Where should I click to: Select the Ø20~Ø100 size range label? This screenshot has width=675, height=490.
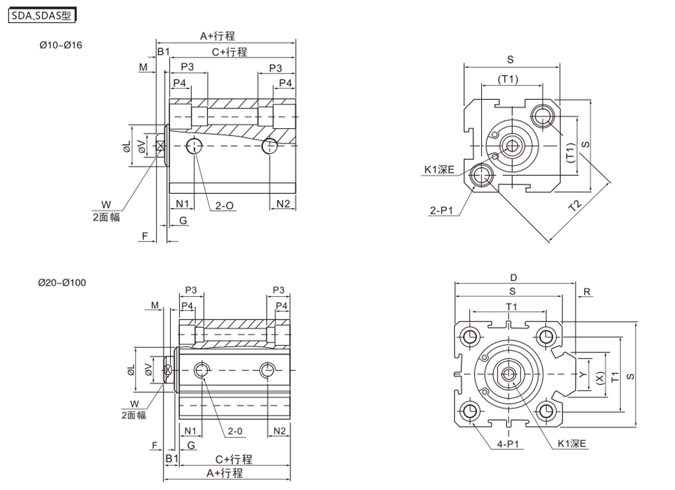(x=62, y=283)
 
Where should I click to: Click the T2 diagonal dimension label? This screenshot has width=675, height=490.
(x=575, y=206)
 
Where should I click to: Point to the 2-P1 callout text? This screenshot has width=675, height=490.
(x=441, y=211)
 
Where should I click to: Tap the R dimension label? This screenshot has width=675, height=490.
(x=587, y=291)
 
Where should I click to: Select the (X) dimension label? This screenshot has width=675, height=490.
(x=600, y=377)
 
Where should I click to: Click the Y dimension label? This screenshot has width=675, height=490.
(x=582, y=374)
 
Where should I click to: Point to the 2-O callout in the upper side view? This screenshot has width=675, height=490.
(x=224, y=206)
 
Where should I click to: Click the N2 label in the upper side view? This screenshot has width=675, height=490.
(x=283, y=202)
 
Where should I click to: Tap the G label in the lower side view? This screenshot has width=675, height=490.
(x=191, y=445)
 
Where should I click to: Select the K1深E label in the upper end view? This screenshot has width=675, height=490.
(x=439, y=170)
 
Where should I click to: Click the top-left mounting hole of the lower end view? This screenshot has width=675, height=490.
(x=471, y=335)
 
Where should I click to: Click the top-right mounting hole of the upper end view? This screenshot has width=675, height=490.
(x=545, y=115)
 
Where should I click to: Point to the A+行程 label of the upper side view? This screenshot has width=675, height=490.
(x=218, y=36)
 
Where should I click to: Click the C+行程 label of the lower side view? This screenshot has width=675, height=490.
(x=234, y=459)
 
